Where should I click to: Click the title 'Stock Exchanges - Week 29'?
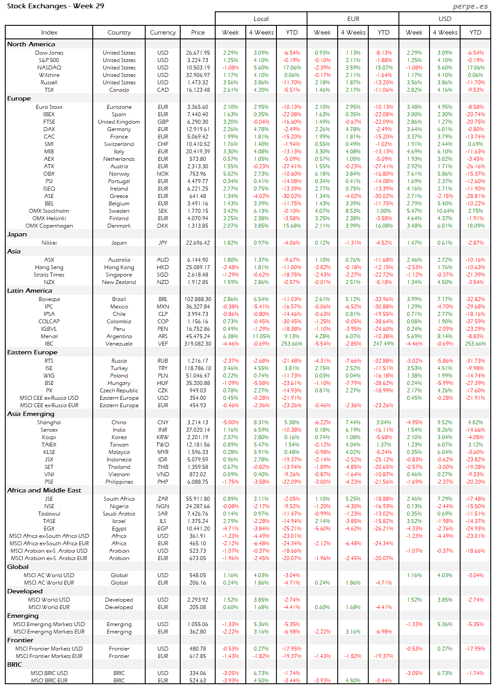[x=56, y=6]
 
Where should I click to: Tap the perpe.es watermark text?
[x=470, y=6]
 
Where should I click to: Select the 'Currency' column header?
[x=163, y=32]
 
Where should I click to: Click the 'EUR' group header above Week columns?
[x=353, y=19]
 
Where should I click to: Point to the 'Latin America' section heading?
[x=29, y=291]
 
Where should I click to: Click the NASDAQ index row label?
[x=49, y=68]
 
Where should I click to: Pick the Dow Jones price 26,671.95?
[x=198, y=53]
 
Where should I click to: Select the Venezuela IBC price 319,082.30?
[x=198, y=344]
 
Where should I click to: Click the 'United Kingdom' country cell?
[x=119, y=122]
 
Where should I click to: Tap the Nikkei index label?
[x=49, y=243]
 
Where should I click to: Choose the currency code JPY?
[x=163, y=243]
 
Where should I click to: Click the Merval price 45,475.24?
[x=198, y=336]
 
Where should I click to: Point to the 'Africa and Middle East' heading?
[x=44, y=490]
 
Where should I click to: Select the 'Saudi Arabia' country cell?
[x=119, y=514]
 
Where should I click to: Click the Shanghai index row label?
[x=49, y=422]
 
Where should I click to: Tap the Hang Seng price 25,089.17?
[x=198, y=267]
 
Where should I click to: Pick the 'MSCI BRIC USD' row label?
[x=49, y=673]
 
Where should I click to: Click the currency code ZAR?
[x=163, y=499]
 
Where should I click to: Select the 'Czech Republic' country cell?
[x=119, y=391]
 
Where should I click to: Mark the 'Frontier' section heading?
[x=20, y=640]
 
